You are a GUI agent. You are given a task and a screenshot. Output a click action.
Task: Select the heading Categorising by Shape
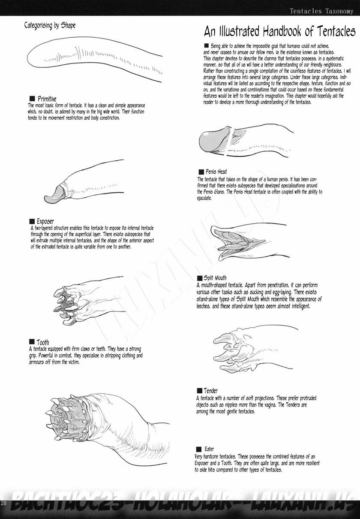pyautogui.click(x=50, y=25)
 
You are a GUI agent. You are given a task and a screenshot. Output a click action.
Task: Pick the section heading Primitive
pyautogui.click(x=47, y=99)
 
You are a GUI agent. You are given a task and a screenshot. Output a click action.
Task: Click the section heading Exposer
pyautogui.click(x=45, y=221)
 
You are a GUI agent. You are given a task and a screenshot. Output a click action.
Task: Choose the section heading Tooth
pyautogui.click(x=42, y=342)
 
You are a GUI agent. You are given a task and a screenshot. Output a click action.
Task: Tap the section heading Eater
pyautogui.click(x=209, y=449)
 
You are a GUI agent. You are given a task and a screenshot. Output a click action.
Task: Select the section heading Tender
pyautogui.click(x=210, y=391)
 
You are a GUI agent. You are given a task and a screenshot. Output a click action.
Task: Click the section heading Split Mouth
pyautogui.click(x=215, y=278)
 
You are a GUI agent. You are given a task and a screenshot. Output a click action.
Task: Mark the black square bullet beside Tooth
pyautogui.click(x=32, y=342)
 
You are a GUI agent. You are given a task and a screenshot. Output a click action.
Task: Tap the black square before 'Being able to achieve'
pyautogui.click(x=207, y=45)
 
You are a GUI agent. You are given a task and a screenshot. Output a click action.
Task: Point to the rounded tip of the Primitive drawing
pyautogui.click(x=28, y=57)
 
